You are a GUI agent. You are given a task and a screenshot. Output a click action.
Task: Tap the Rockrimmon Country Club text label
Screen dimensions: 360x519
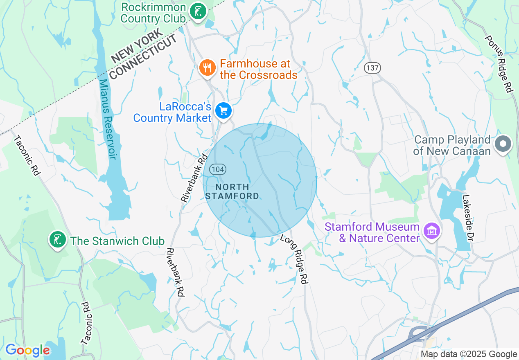[x=153, y=13]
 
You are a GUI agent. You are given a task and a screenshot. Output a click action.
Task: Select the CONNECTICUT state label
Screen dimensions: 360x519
[x=144, y=57]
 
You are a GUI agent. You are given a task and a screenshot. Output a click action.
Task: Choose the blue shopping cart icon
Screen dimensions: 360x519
[x=223, y=110]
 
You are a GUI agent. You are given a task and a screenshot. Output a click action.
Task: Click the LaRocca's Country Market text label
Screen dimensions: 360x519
[x=172, y=112]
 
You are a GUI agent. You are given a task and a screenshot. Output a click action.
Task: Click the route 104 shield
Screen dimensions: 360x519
[x=218, y=169]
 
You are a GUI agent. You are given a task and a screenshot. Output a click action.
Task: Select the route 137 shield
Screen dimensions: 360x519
[x=372, y=68]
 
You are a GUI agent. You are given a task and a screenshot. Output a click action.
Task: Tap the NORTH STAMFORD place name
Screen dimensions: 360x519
[x=232, y=191]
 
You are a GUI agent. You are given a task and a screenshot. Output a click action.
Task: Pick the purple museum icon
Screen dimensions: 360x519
[x=431, y=231]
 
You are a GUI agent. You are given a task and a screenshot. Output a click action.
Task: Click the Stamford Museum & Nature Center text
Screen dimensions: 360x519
[x=372, y=232]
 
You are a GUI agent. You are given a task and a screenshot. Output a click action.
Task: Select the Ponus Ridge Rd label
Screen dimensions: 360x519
[x=499, y=63]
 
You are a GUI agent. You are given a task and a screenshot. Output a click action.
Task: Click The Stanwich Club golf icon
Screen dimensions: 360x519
[x=58, y=239]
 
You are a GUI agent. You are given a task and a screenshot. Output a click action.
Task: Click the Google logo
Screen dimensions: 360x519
[x=27, y=350]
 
